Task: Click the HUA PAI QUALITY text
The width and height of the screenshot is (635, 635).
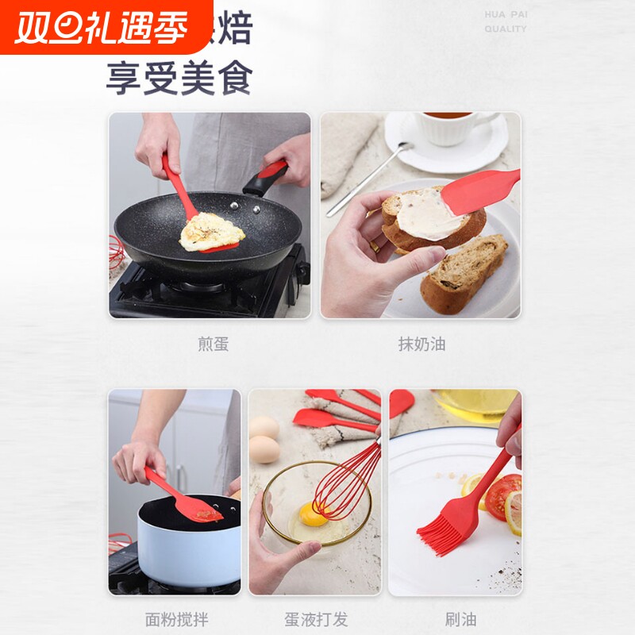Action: tap(506, 21)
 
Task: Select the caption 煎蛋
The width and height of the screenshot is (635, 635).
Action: tap(213, 344)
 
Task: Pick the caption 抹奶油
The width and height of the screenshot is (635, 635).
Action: tap(421, 344)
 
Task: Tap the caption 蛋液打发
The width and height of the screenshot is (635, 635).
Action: tap(317, 619)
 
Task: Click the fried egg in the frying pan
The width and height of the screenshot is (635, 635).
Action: tap(211, 231)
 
